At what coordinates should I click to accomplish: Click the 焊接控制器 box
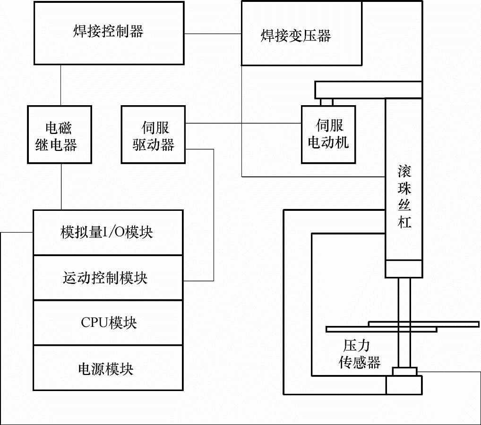click(108, 33)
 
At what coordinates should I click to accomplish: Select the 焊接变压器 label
click(296, 36)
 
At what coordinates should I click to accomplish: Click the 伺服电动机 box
click(328, 134)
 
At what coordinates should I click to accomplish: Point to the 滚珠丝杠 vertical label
click(404, 196)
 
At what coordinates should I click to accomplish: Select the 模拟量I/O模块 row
click(108, 233)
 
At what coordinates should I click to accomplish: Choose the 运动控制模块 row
click(108, 278)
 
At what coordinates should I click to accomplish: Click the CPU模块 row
click(108, 323)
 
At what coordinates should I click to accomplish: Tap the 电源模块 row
click(108, 368)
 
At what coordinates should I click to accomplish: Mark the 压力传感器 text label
click(359, 355)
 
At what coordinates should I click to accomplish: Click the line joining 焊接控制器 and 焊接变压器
click(213, 33)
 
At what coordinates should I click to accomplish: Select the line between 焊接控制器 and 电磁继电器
click(60, 85)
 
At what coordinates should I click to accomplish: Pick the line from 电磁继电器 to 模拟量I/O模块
click(60, 186)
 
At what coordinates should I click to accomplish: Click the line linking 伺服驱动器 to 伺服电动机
click(243, 124)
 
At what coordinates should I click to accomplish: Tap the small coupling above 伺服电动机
click(326, 101)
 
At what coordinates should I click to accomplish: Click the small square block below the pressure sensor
click(404, 385)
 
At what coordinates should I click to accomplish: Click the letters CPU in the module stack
click(94, 323)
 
